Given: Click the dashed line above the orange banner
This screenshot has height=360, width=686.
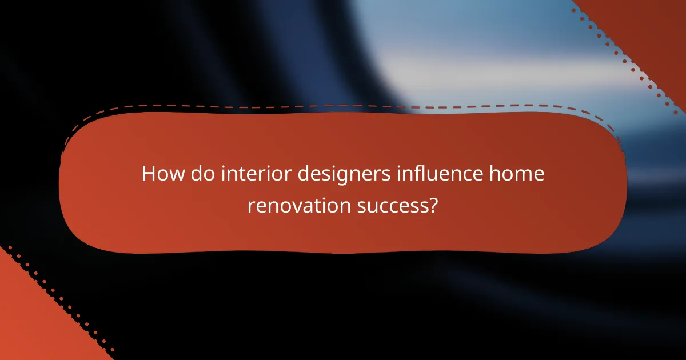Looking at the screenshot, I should pos(343,105).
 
